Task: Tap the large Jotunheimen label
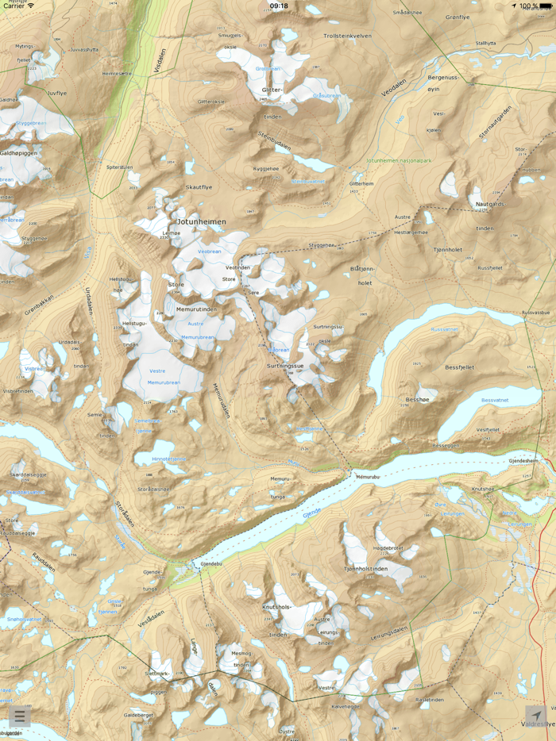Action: pos(202,222)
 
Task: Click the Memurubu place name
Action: pos(369,477)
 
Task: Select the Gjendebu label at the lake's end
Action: pos(210,564)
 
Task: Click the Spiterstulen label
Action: pos(120,167)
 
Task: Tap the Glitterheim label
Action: pos(361,183)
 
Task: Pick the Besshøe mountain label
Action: pos(417,400)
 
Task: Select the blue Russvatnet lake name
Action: pos(444,329)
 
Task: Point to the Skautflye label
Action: pos(199,187)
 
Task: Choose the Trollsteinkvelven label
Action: pos(347,36)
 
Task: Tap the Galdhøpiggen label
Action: pos(18,153)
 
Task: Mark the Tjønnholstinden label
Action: pos(368,568)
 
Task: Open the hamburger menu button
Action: pos(20,717)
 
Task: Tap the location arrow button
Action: pos(536,716)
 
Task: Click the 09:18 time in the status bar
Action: pos(279,6)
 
